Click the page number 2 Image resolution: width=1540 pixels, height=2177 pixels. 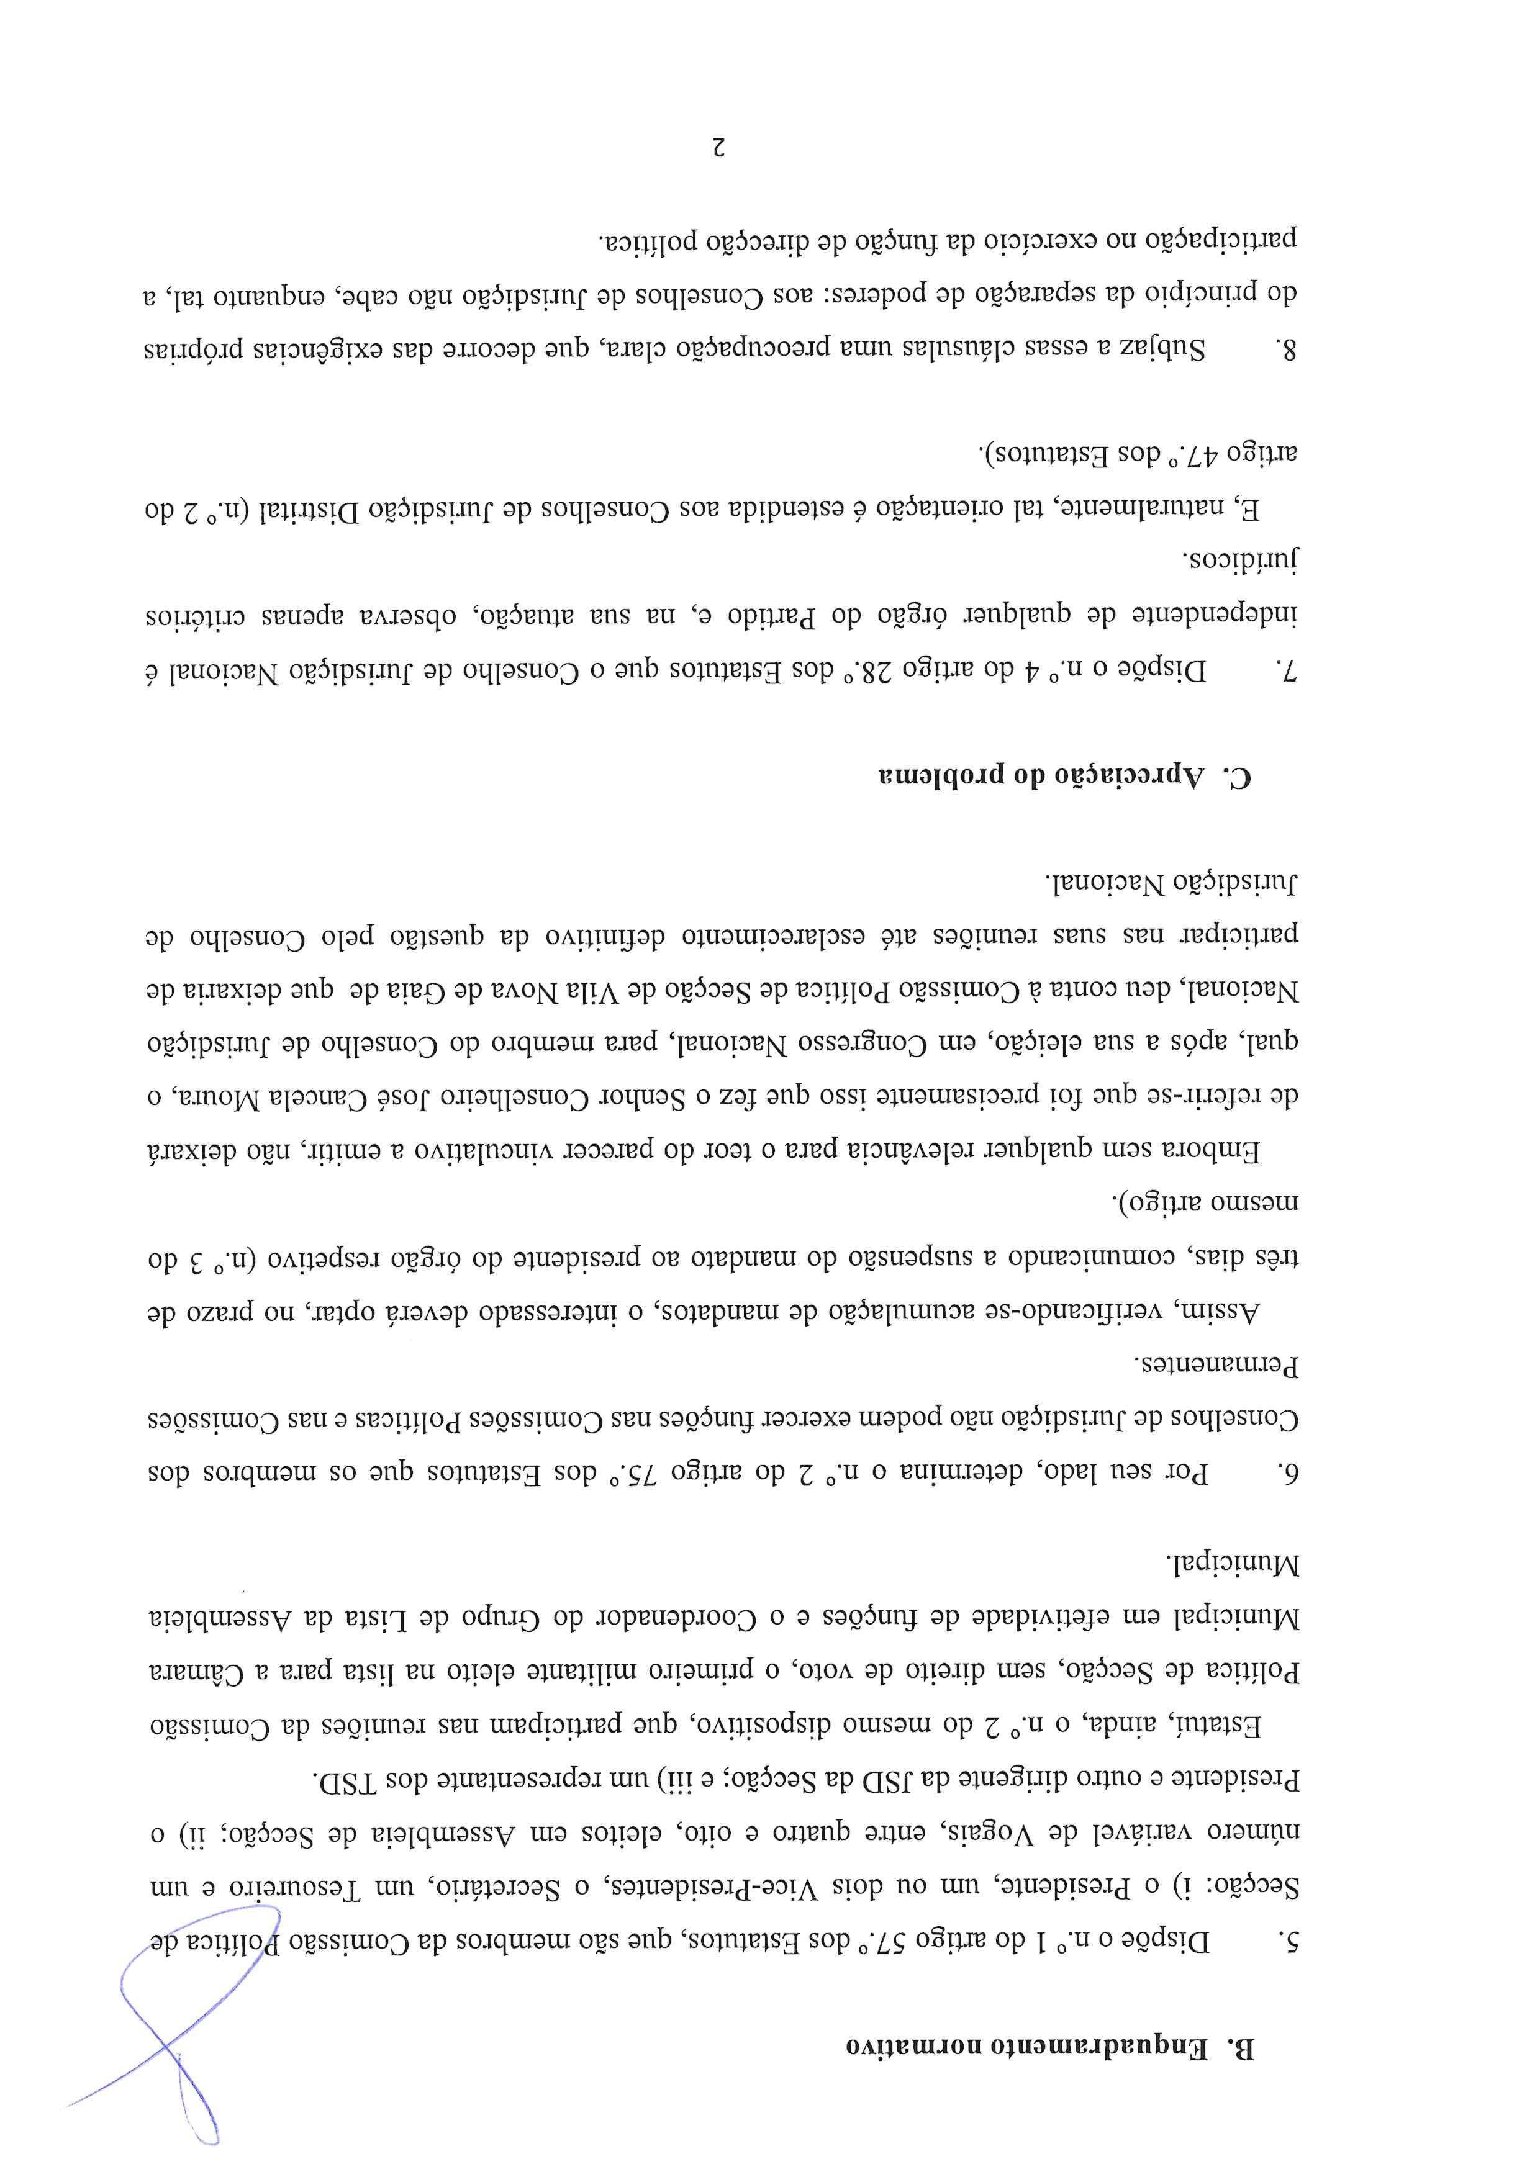[x=718, y=147]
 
